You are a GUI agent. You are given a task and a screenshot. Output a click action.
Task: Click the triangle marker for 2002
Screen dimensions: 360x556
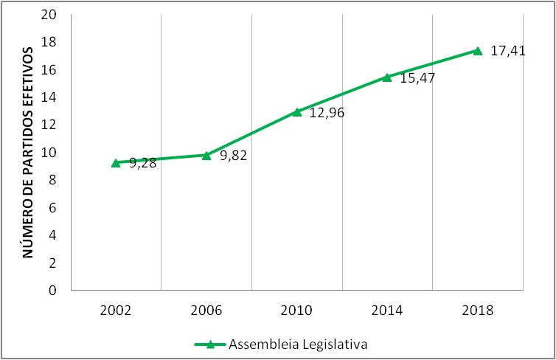point(116,163)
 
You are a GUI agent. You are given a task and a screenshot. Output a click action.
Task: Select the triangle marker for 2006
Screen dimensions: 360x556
point(206,155)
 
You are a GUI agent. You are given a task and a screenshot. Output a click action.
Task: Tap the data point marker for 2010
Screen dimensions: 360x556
point(297,112)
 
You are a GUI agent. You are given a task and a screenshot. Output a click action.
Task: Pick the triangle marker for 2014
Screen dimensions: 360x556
point(387,77)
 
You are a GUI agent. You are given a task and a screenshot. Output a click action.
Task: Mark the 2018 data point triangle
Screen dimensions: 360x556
point(477,51)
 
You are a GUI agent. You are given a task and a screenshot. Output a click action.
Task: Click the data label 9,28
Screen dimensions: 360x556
point(143,164)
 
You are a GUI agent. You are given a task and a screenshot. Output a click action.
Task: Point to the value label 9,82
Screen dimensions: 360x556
point(233,156)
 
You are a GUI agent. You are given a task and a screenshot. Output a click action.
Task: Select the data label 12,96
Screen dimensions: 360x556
point(327,114)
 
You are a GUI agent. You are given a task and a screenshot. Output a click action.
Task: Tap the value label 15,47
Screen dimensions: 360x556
point(417,77)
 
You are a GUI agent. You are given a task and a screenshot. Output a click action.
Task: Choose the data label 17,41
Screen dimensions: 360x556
point(508,51)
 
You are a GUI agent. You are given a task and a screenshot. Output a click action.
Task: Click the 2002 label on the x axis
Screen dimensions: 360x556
point(116,311)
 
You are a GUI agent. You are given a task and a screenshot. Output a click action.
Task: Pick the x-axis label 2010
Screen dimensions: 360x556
point(296,311)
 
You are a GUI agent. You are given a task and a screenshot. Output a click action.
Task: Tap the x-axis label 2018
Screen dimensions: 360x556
point(477,311)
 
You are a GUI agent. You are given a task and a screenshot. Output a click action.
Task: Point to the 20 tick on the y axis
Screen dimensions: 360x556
point(50,15)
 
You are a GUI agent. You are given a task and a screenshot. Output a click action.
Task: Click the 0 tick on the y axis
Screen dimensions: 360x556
point(54,291)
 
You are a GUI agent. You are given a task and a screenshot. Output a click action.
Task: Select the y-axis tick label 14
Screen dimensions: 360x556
point(50,97)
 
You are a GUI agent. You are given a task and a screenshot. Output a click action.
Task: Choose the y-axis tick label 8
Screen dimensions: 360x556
point(54,180)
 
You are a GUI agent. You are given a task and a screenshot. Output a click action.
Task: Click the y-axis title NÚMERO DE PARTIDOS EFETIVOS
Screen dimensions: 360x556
point(29,152)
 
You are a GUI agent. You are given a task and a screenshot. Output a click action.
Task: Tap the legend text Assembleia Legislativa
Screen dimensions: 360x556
point(298,344)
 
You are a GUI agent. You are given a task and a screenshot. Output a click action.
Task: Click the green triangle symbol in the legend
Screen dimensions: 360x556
point(209,344)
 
